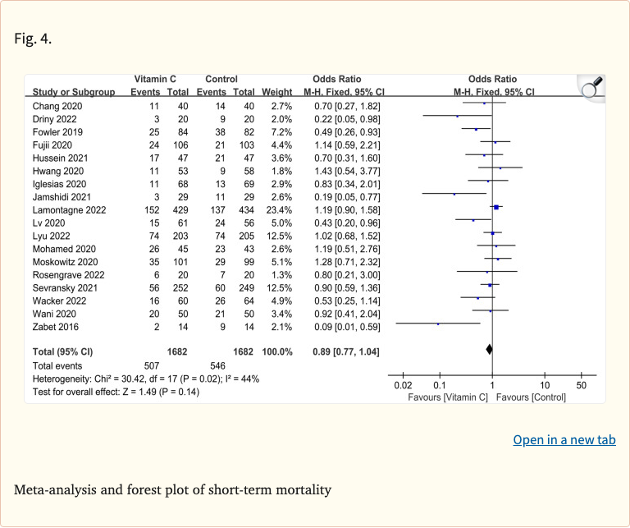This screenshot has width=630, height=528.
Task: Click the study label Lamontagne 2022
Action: [x=67, y=209]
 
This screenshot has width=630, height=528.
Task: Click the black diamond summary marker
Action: [x=490, y=350]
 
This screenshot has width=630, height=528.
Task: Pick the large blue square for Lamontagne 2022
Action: [x=496, y=209]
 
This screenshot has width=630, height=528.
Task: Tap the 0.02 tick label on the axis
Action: [x=403, y=385]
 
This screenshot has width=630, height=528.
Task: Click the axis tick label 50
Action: [x=581, y=385]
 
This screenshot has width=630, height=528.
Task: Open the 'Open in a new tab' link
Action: [x=564, y=440]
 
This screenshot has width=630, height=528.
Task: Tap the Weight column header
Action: [x=276, y=92]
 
